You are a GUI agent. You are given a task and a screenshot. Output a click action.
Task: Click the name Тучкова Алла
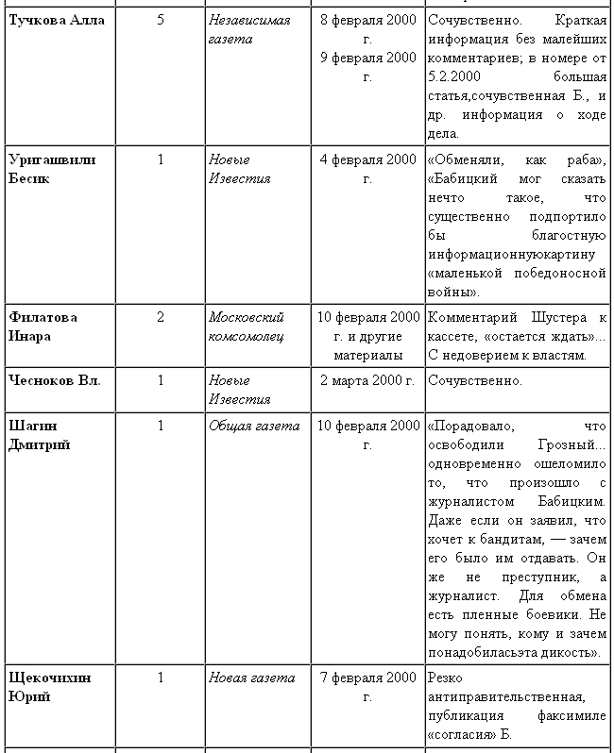pyautogui.click(x=56, y=20)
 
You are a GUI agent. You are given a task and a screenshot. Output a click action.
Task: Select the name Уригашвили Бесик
pyautogui.click(x=52, y=168)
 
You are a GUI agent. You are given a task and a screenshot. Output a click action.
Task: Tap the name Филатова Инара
pyautogui.click(x=43, y=326)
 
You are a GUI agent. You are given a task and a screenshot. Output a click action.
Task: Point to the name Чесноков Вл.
pyautogui.click(x=54, y=380)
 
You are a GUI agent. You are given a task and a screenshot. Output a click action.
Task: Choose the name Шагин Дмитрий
pyautogui.click(x=39, y=435)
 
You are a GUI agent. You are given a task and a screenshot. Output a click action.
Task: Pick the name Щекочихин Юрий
pyautogui.click(x=49, y=687)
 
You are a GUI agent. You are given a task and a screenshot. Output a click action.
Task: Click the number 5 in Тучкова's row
pyautogui.click(x=160, y=20)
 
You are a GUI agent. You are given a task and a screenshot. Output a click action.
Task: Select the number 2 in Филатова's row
pyautogui.click(x=160, y=317)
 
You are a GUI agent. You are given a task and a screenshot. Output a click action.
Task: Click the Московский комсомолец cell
pyautogui.click(x=247, y=326)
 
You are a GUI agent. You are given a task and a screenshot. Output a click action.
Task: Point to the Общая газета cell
pyautogui.click(x=253, y=426)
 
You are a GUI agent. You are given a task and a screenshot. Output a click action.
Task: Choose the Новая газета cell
pyautogui.click(x=251, y=678)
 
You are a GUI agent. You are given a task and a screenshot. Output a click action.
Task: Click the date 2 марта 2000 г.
pyautogui.click(x=367, y=380)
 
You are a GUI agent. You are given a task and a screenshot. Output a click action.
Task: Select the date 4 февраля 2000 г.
pyautogui.click(x=367, y=168)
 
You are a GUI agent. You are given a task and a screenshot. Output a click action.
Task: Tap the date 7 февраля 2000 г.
pyautogui.click(x=367, y=687)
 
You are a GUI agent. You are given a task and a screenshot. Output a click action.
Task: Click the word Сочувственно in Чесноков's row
pyautogui.click(x=474, y=380)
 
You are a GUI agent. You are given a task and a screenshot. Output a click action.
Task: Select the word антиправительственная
pyautogui.click(x=505, y=696)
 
